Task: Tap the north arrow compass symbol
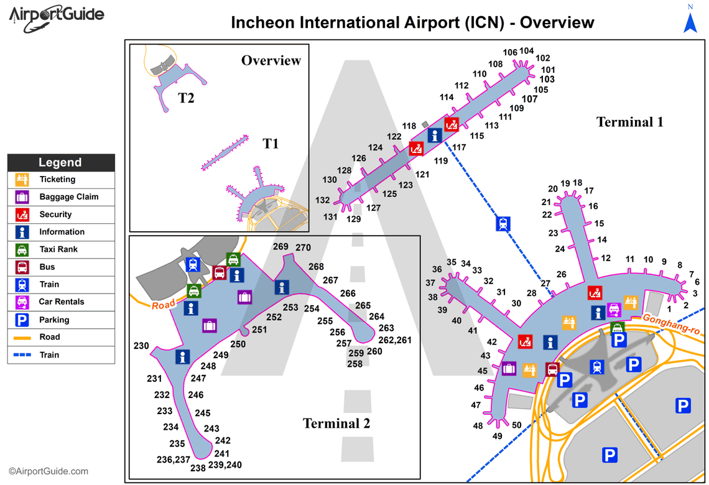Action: click(690, 19)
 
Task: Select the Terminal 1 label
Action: click(629, 122)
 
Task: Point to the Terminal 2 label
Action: click(336, 423)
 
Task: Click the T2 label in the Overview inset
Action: click(186, 98)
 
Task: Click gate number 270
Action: click(303, 247)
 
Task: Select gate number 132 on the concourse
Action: click(322, 200)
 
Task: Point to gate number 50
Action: click(516, 425)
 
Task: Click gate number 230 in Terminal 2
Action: click(141, 346)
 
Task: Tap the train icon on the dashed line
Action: click(503, 223)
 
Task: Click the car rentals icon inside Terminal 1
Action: click(614, 309)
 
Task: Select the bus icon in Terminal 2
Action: click(219, 272)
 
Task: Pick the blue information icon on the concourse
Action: click(434, 135)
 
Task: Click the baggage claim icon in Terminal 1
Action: click(509, 368)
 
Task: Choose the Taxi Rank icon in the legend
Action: click(22, 249)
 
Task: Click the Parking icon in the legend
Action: click(22, 320)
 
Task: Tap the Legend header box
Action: click(60, 162)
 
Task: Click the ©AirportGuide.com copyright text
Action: click(49, 471)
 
